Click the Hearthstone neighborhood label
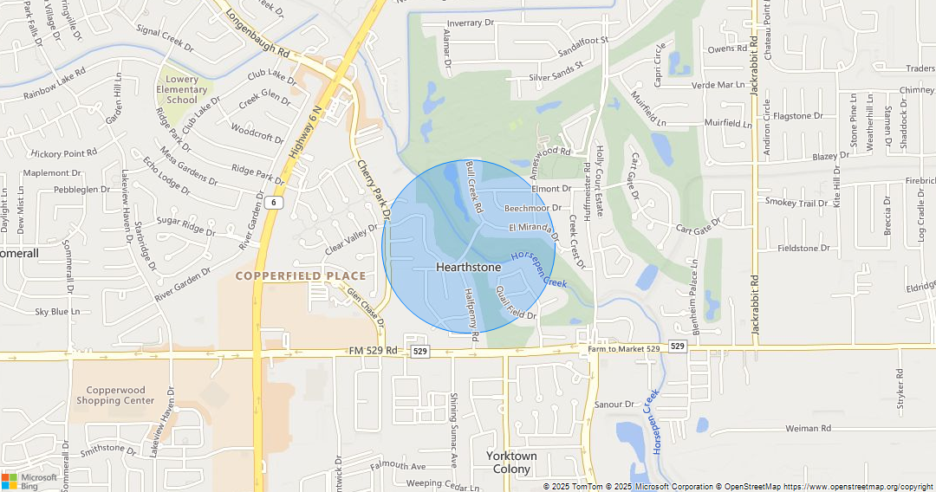(x=468, y=267)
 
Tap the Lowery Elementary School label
(x=181, y=89)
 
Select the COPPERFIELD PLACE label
(x=301, y=275)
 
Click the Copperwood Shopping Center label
(x=115, y=395)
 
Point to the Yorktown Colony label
(x=511, y=463)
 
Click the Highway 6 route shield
(x=274, y=202)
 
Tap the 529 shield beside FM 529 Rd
(x=420, y=351)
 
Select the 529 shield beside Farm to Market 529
(x=678, y=346)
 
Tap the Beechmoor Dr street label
(x=532, y=208)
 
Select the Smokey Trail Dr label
(x=796, y=203)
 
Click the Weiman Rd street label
(x=808, y=428)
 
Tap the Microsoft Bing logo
(x=29, y=482)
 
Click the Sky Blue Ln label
(x=57, y=311)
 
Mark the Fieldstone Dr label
(x=803, y=248)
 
